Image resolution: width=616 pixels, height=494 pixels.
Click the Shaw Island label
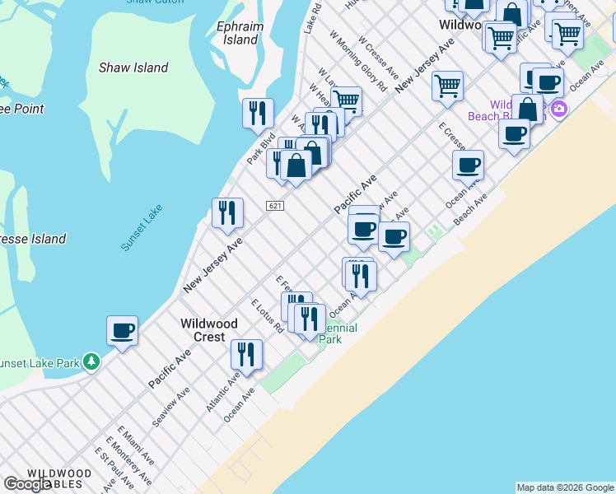point(133,68)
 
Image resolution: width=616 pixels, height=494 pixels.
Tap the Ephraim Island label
point(238,33)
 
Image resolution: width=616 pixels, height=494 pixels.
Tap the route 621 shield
point(275,205)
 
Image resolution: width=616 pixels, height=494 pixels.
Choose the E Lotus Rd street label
point(268,315)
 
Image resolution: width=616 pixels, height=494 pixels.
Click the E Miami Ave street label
point(135,445)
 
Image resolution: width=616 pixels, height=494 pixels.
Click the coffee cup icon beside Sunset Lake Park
point(122,330)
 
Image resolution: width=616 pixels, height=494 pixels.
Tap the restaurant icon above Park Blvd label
point(258,113)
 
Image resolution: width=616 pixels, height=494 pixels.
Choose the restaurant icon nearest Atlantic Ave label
point(246,354)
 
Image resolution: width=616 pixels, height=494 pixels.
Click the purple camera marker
point(559,109)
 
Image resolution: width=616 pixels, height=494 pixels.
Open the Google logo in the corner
point(28,484)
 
